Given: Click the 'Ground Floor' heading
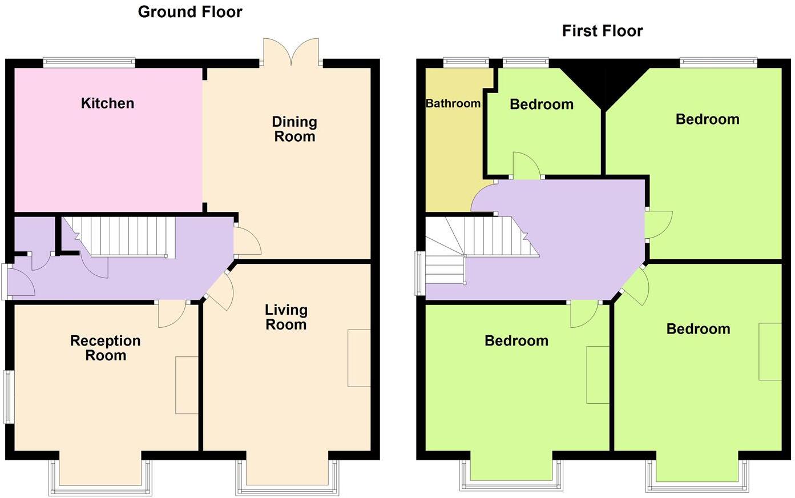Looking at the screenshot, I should pos(190,12).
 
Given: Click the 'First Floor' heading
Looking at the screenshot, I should pos(602,31).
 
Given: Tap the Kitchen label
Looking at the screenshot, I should pos(107,103).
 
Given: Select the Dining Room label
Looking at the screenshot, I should pos(294,129).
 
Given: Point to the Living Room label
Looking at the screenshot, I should pos(286,317).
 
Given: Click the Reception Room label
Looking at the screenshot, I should pos(105,348).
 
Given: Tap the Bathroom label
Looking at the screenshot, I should pos(453,103).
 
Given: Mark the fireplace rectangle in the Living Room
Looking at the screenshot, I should pos(359,358).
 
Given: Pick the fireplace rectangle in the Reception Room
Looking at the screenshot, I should pos(187,385).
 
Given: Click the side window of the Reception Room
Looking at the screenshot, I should pos(9,397).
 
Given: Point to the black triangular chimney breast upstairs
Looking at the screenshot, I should pos(603,83).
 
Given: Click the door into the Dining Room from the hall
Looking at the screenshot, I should pos(245,240).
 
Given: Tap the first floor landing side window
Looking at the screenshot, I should pos(420,274).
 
